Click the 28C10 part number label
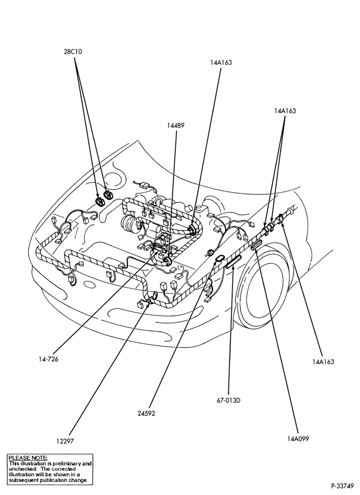[x=73, y=52]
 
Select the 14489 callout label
[x=176, y=125]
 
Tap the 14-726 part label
[x=49, y=359]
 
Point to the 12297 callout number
[x=65, y=442]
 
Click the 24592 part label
[x=146, y=413]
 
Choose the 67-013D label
[x=228, y=400]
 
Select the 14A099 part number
[x=298, y=439]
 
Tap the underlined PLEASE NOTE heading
[x=28, y=457]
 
